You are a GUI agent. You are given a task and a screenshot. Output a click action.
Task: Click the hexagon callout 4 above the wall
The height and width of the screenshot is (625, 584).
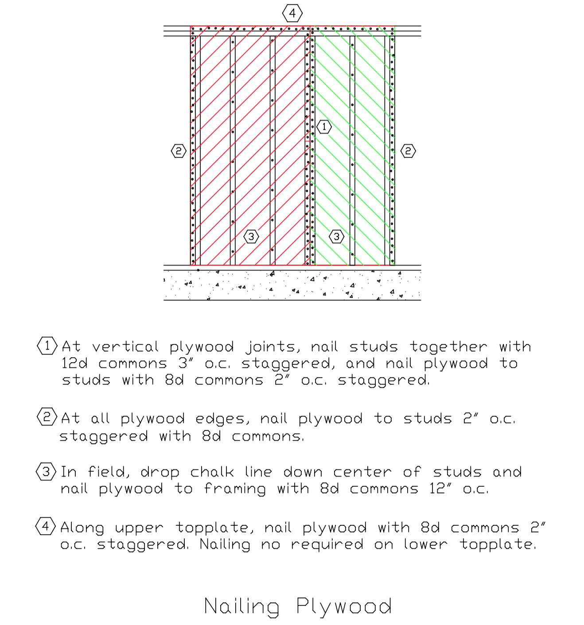tap(292, 13)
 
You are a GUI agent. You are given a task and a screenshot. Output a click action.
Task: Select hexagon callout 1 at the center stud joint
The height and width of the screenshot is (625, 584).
tap(324, 127)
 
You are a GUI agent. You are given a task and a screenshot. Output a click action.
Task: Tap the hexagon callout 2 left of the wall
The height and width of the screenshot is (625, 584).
tap(179, 151)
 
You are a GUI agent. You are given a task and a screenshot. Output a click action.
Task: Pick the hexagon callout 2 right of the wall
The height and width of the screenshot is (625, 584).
tap(408, 151)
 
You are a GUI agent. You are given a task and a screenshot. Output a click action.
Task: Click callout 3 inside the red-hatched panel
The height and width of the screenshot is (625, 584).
tap(251, 236)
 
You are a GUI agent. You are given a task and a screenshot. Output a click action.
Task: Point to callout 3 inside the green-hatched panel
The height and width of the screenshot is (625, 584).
tap(336, 236)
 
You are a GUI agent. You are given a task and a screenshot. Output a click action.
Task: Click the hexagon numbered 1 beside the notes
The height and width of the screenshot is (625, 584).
tap(47, 346)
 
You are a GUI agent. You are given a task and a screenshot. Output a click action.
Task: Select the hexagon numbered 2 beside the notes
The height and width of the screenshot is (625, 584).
tap(47, 416)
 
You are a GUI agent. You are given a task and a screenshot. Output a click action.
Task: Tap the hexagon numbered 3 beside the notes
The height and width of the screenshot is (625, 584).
tap(46, 471)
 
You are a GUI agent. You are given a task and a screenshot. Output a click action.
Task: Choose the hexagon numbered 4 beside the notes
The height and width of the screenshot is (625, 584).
tap(46, 526)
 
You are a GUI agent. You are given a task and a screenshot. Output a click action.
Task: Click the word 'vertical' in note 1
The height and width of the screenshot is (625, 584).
tap(125, 347)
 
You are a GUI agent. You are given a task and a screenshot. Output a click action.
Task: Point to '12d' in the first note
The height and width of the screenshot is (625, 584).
tap(74, 363)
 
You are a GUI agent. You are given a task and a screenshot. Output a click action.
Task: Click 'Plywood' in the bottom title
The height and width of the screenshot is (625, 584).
tap(344, 606)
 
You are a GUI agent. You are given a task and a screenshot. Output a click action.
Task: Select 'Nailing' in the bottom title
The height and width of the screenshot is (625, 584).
tap(241, 606)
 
